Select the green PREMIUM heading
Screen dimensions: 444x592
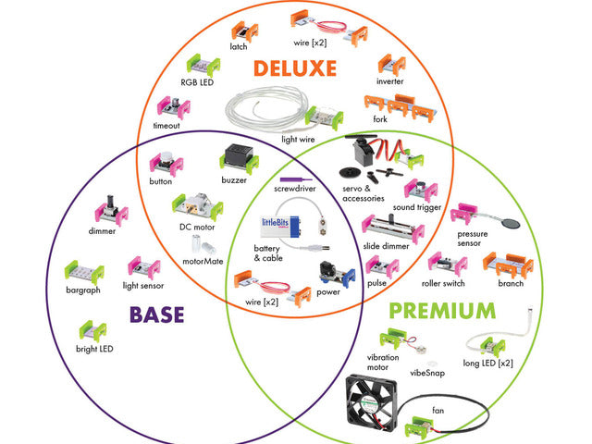[x=441, y=310]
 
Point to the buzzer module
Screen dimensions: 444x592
[x=232, y=160]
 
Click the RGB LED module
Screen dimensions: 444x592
[x=201, y=67]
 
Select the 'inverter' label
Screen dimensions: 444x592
[x=390, y=80]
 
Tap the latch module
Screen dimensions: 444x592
[x=245, y=33]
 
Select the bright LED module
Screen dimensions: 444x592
[x=94, y=330]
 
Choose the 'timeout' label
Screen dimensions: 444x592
[x=166, y=126]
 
